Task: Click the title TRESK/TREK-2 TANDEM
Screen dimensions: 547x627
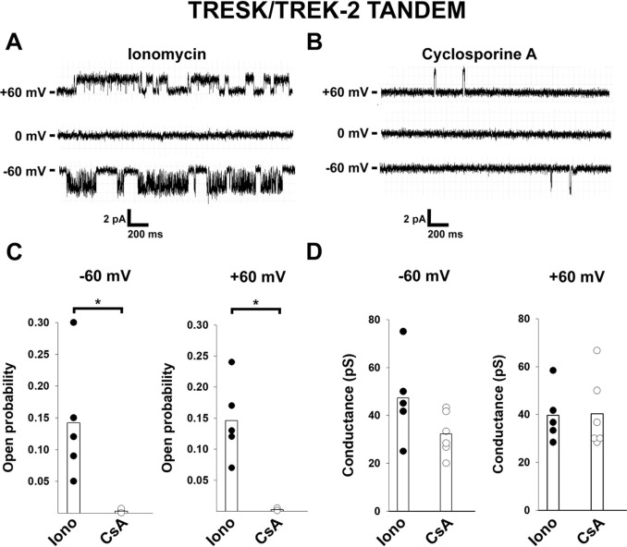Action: [x=313, y=14]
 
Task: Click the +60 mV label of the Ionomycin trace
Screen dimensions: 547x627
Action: [x=26, y=91]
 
